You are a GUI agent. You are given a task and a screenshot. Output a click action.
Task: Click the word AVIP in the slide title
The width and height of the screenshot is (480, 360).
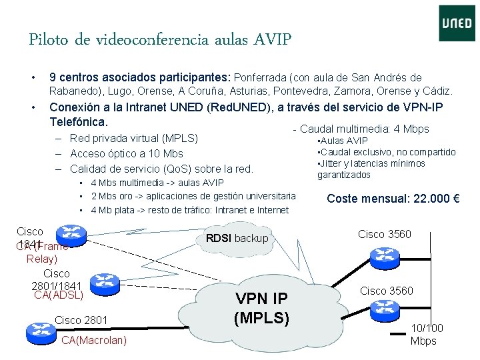click(272, 40)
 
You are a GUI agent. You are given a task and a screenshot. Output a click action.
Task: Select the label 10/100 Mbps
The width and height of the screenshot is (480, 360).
click(427, 335)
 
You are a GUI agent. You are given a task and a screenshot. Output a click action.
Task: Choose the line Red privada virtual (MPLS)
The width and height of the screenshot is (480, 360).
click(134, 139)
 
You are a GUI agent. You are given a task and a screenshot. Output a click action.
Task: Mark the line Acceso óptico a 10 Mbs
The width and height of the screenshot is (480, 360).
click(126, 154)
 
